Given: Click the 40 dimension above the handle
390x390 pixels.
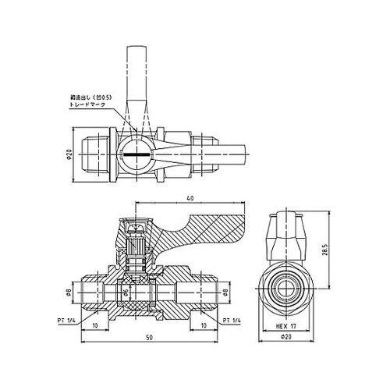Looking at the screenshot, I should [190, 198].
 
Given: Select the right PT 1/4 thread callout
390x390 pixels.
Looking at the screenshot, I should [233, 320].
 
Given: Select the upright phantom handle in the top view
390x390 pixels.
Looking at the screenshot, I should [137, 78].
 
